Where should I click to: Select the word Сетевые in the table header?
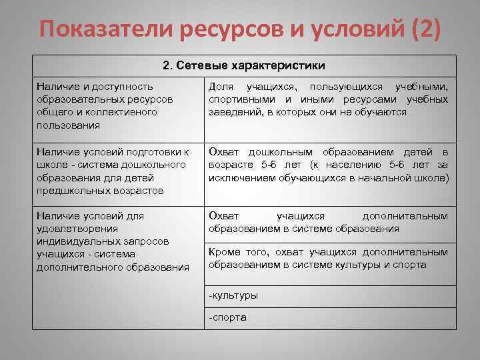[x=202, y=66]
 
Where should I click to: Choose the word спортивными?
[x=237, y=99]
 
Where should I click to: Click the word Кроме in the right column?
[x=224, y=252]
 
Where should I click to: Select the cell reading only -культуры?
[x=233, y=295]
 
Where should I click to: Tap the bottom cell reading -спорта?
[x=228, y=317]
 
